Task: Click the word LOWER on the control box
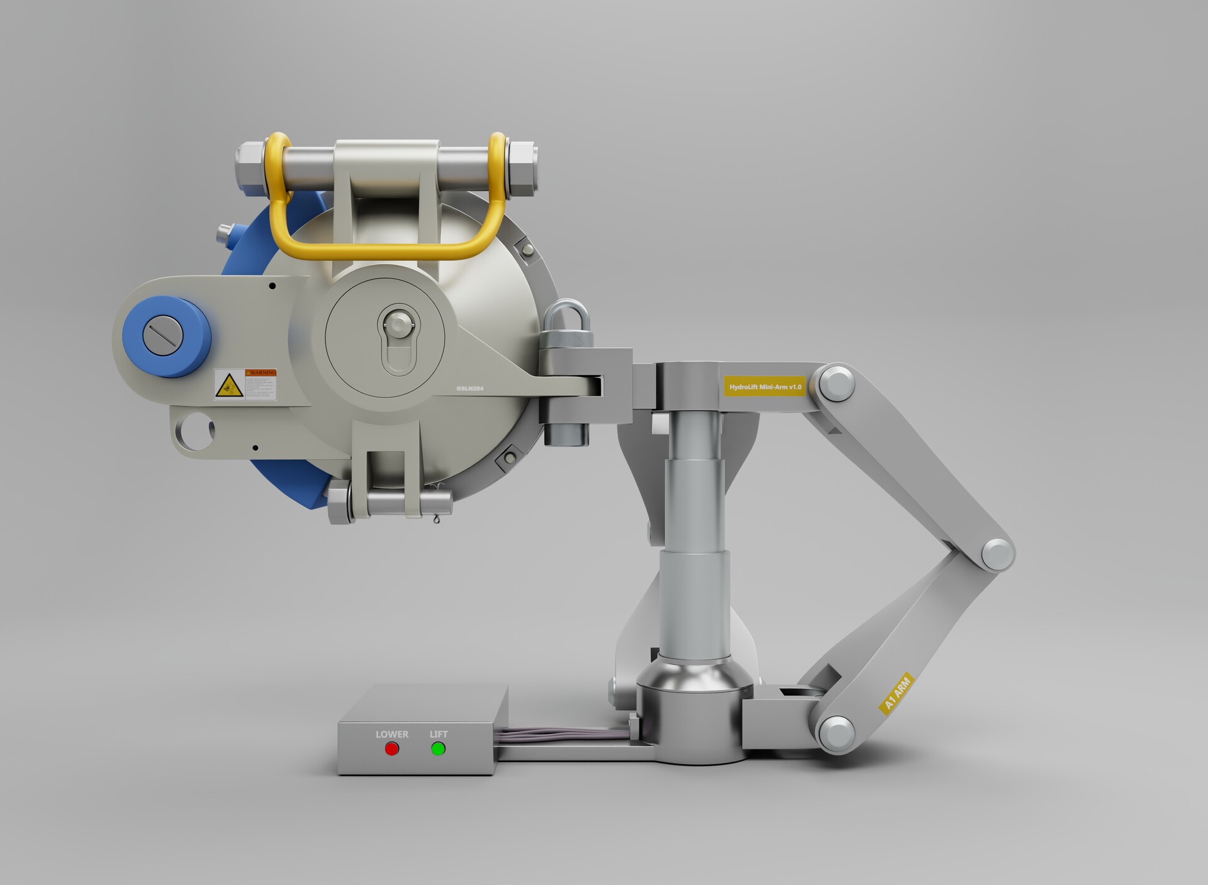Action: click(x=392, y=734)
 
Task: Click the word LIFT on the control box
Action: click(x=439, y=734)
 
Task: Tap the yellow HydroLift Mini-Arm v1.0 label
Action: click(x=765, y=386)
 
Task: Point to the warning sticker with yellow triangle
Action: click(x=245, y=384)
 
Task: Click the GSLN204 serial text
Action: click(x=470, y=389)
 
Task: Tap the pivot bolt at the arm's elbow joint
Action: click(x=997, y=554)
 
